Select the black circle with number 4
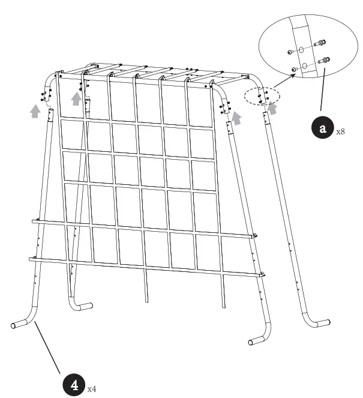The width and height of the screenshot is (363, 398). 75,384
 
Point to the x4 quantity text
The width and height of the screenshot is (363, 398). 92,390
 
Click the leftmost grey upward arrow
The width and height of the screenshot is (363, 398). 35,110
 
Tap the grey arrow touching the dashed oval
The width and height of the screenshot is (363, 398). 274,108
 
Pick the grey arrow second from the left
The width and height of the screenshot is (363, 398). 76,98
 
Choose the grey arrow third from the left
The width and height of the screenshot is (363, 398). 238,118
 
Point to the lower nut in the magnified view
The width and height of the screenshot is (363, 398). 293,70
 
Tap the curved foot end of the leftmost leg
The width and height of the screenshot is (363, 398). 14,326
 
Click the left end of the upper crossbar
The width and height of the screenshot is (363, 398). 34,222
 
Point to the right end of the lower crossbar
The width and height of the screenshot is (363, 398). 262,274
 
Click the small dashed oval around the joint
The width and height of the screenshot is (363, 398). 262,97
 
